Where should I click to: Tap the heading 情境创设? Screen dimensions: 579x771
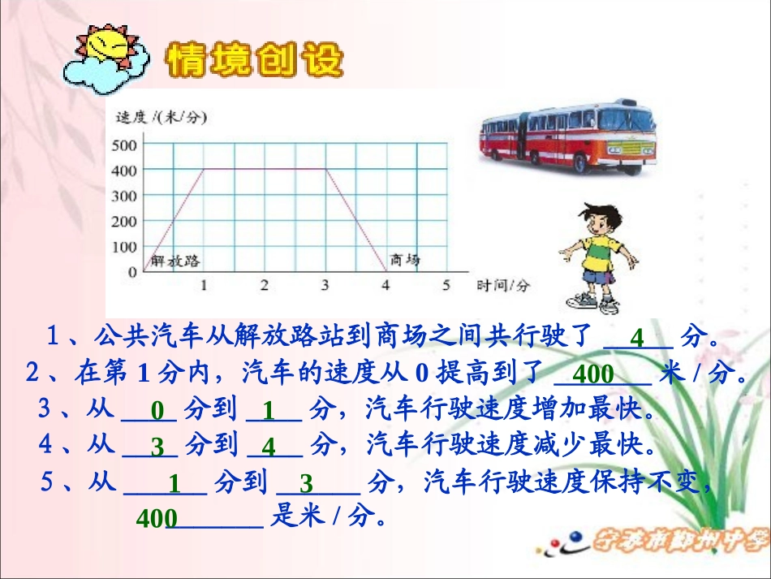254,60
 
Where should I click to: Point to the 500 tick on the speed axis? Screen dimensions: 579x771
127,145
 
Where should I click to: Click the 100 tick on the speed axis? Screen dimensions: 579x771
127,246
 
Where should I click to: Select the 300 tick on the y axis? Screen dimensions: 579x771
127,196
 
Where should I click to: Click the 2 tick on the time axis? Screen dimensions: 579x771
264,285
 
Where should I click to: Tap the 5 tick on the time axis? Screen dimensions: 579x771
446,285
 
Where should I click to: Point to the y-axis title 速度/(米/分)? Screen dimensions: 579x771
162,118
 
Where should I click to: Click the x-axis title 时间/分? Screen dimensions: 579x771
503,285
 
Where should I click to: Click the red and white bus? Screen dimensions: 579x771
568,136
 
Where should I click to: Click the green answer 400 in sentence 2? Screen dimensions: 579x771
595,374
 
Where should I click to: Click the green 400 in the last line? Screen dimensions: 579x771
152,519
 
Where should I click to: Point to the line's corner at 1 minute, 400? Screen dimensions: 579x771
204,169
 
